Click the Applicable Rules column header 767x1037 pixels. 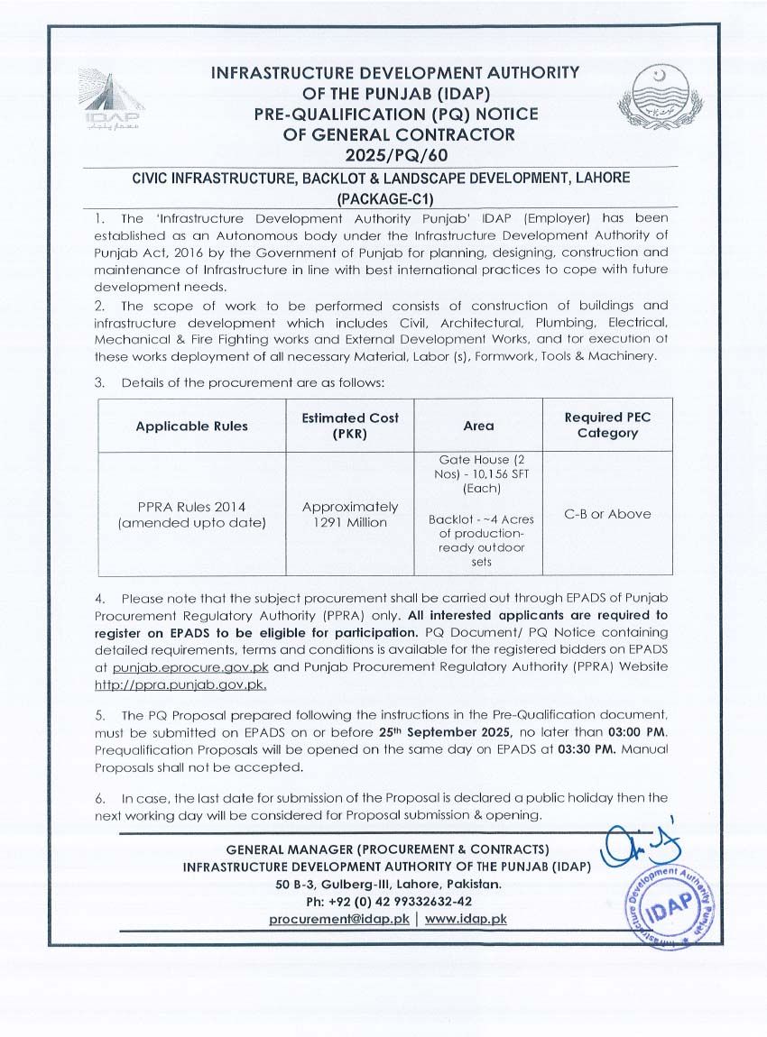click(191, 426)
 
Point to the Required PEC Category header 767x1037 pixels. click(606, 426)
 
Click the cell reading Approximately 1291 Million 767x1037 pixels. click(350, 514)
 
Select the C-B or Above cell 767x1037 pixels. click(606, 514)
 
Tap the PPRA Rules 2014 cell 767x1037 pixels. click(191, 514)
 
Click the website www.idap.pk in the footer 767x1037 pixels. click(466, 918)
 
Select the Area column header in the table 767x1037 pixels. click(478, 426)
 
